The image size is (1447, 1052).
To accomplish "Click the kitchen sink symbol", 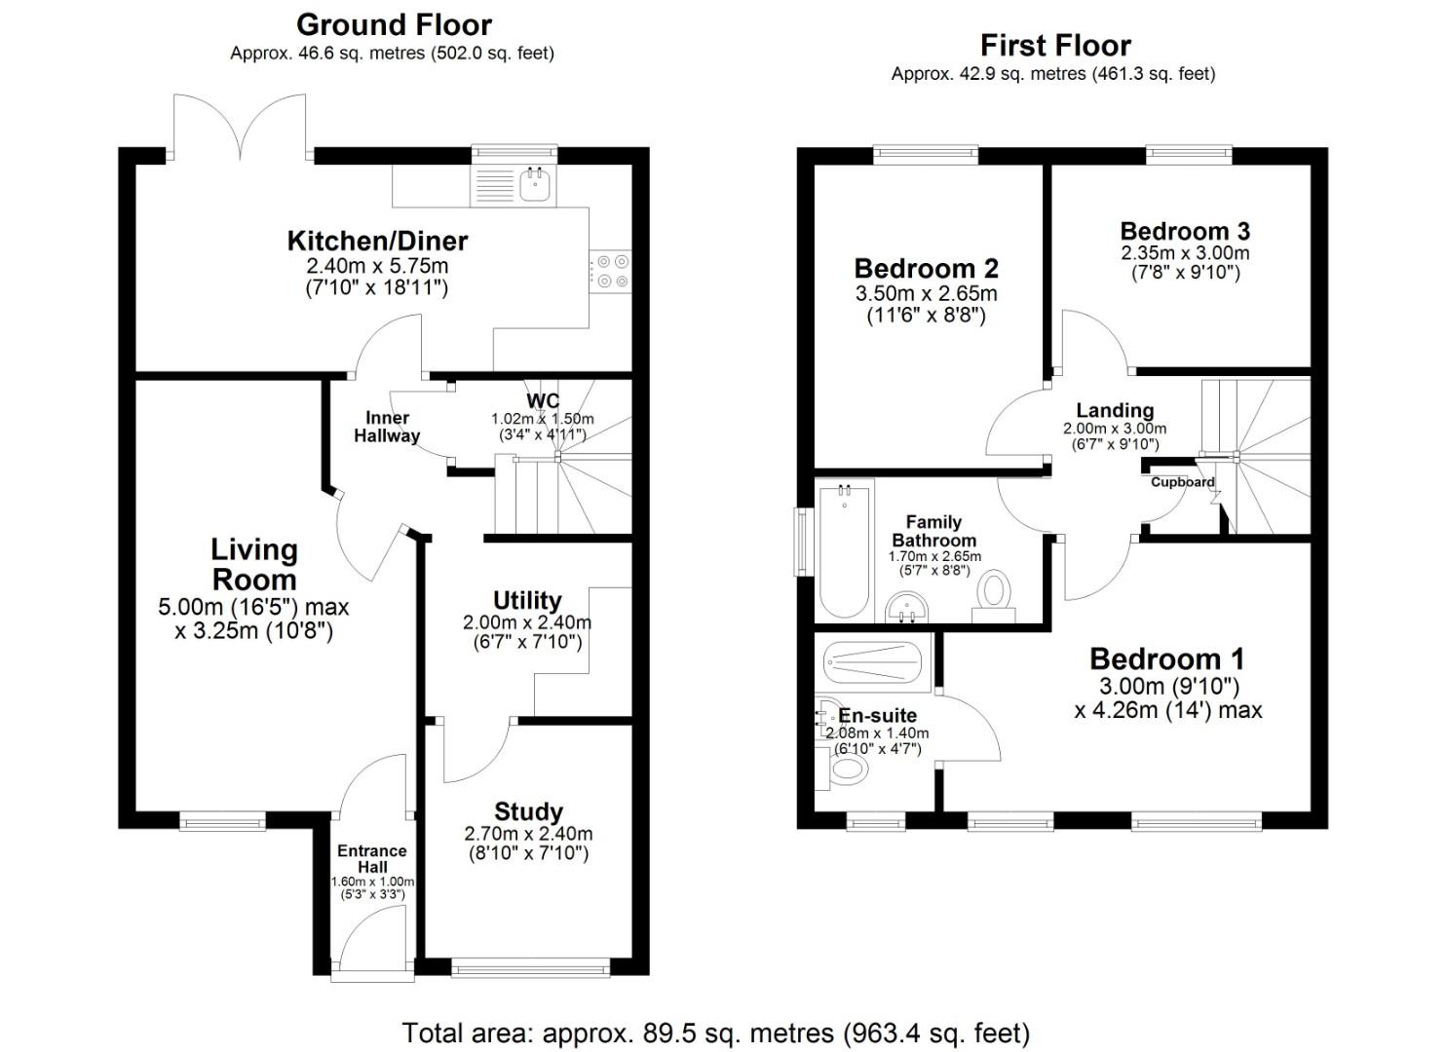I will (535, 184).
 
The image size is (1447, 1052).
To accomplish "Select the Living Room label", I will (254, 564).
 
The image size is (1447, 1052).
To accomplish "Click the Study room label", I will (528, 811).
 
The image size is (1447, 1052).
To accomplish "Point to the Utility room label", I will (527, 600).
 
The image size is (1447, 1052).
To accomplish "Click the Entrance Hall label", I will (372, 858).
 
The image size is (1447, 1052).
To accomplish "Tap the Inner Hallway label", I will (387, 428).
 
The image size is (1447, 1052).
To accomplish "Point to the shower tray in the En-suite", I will (872, 663).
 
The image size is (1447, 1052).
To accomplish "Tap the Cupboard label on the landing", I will (1182, 482).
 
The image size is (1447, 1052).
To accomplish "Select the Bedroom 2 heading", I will (926, 268).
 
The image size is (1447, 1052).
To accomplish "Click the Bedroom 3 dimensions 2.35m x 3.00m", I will (1185, 253).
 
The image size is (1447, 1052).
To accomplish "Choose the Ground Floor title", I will (394, 24).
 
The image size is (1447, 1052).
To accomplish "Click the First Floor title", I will (1054, 46).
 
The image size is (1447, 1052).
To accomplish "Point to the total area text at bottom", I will (715, 1033).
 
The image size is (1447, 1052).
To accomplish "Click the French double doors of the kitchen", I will (240, 127).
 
